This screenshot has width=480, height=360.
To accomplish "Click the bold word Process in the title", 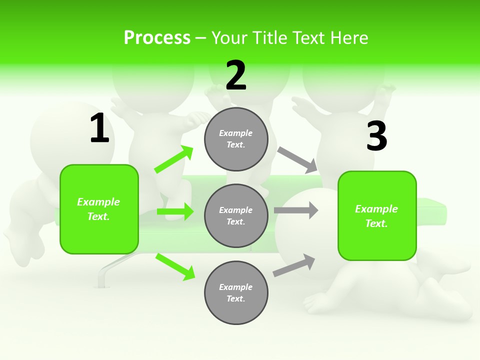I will click(157, 38).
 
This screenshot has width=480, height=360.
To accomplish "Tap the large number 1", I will click(99, 128).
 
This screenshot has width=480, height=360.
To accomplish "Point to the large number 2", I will click(236, 75).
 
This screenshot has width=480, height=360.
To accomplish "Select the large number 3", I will click(376, 136).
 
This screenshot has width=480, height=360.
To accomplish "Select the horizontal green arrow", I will click(175, 211).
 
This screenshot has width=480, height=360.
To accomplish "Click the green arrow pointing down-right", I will click(175, 266).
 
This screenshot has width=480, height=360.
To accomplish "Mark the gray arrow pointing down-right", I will click(297, 159).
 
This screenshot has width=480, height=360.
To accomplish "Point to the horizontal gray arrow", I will click(296, 210).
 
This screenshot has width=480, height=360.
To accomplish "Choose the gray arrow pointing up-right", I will click(294, 265).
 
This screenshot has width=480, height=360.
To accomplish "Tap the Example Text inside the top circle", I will click(236, 139).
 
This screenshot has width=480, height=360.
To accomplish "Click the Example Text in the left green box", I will click(98, 209).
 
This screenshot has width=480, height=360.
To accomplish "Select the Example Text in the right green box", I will click(376, 216).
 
